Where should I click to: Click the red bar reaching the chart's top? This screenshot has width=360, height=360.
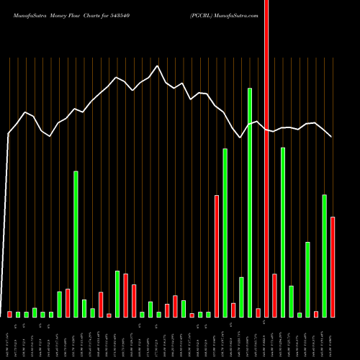tap(266, 158)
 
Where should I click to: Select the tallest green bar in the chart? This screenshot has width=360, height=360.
tap(250, 202)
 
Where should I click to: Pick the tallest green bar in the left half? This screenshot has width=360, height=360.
tap(76, 244)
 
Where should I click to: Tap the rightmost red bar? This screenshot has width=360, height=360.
tap(333, 266)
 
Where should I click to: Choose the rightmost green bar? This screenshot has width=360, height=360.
tap(324, 256)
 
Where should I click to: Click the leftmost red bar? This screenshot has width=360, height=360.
tap(9, 314)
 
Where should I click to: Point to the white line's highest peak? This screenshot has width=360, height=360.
tap(158, 66)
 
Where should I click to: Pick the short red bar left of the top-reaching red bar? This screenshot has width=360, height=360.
tap(258, 312)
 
